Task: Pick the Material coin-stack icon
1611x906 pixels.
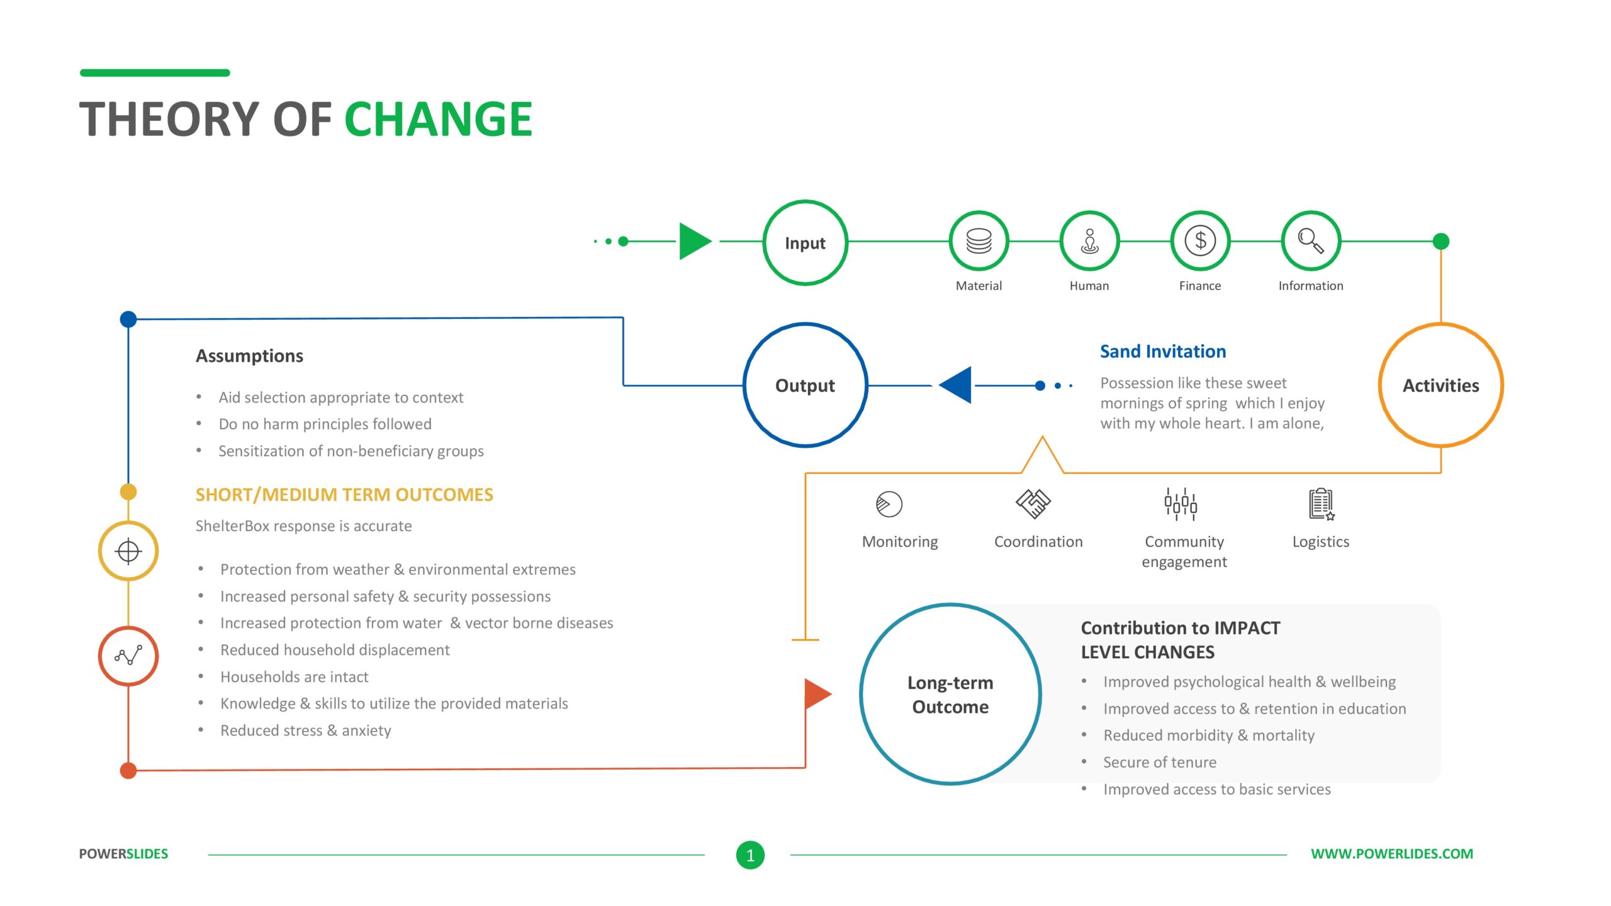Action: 979,241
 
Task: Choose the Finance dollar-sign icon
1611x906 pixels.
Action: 1200,240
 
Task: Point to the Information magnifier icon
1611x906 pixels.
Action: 1311,240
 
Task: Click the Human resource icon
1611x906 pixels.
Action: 1089,241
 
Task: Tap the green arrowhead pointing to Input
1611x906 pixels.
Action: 695,241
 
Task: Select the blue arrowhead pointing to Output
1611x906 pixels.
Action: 955,384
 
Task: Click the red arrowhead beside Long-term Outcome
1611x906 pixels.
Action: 818,694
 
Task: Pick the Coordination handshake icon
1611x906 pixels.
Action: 1033,503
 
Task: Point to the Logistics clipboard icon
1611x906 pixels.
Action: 1322,504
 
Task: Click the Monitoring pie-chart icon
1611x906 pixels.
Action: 889,504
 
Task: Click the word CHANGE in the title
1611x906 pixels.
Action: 438,119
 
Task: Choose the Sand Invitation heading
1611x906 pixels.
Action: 1163,351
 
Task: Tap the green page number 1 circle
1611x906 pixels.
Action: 750,855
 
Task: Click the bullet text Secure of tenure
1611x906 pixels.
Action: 1159,762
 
